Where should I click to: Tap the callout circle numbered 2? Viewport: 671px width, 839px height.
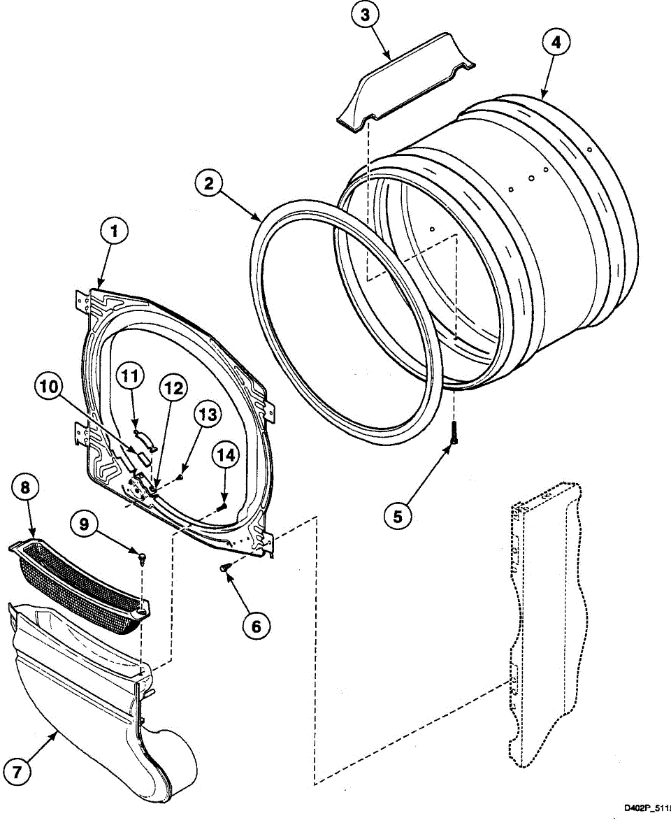tap(209, 185)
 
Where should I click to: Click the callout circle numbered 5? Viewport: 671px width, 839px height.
tap(398, 517)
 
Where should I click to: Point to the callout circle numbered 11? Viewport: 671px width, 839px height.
tap(129, 377)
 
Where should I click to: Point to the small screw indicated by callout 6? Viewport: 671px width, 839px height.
tap(225, 569)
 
